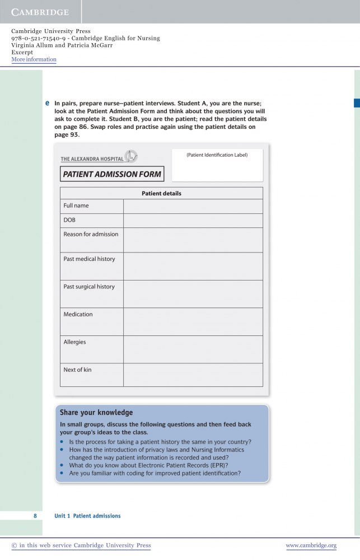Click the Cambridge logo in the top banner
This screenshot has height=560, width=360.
(x=40, y=12)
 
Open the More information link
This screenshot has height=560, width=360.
(x=34, y=59)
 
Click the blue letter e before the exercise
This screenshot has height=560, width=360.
(x=47, y=103)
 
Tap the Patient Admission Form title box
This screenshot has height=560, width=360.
(x=112, y=174)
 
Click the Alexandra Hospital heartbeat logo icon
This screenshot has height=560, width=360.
(x=130, y=156)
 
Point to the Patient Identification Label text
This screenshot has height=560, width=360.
(x=217, y=155)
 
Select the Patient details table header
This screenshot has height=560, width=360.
(x=161, y=194)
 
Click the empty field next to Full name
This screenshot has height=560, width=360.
(x=193, y=206)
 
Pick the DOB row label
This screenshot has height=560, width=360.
(x=69, y=220)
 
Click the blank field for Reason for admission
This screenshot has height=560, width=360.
(x=193, y=240)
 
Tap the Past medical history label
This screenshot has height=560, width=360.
(x=89, y=259)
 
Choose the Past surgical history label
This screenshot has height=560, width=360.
(x=89, y=287)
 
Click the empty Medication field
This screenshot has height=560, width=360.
(x=193, y=321)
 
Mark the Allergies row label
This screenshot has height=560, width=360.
(x=74, y=342)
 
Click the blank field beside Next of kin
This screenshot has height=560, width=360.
(x=193, y=375)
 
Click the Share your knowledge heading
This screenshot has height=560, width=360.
(x=96, y=413)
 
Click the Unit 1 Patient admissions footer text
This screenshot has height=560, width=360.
(x=87, y=516)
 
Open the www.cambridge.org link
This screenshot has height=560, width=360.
(x=311, y=545)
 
